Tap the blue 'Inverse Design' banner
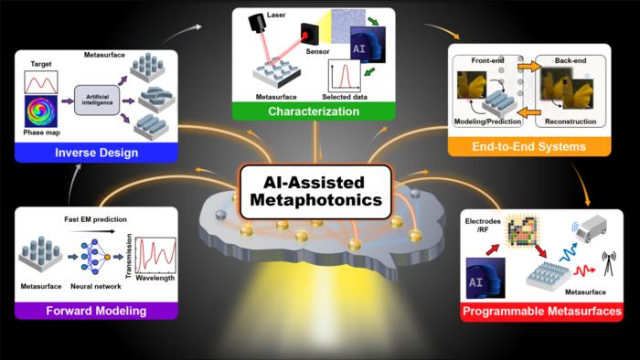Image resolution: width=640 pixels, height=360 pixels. pos(96,153)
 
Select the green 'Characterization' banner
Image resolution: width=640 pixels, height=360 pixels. pos(314,111)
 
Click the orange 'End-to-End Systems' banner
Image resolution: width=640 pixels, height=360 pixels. pos(529,146)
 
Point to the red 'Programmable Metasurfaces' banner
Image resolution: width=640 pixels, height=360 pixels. pos(541,312)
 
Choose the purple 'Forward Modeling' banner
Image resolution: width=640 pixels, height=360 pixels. pos(96,311)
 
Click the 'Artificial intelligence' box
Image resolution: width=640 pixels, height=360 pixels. pos(97,100)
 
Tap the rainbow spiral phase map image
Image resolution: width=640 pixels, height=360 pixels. pos(41,111)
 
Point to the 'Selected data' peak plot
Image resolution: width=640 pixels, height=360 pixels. pos(345,76)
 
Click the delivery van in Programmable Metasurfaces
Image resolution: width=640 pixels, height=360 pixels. pos(591,228)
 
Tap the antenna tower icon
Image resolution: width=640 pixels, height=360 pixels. pos(609,263)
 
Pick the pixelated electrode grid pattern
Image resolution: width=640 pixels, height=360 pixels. pos(522,230)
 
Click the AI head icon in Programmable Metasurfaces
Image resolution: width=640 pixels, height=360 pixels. pos(485,278)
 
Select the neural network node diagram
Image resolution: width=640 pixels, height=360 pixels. pos(95,257)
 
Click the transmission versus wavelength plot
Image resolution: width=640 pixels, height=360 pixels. pos(155,256)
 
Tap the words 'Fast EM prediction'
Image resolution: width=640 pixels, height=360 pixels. pos(95,219)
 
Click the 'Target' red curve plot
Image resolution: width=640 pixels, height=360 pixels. pos(41,82)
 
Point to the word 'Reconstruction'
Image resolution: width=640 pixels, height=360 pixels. pos(571,122)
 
